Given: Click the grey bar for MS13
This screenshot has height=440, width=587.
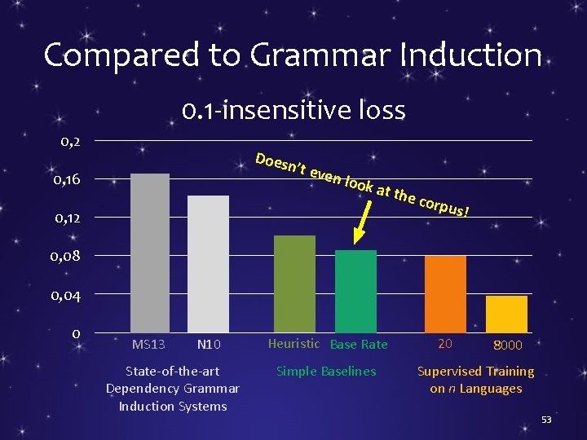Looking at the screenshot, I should [x=150, y=253].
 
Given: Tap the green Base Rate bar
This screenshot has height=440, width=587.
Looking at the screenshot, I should [x=355, y=291].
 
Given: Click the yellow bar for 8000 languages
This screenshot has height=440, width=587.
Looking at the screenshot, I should [x=506, y=314].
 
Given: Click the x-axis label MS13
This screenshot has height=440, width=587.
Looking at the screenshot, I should [x=148, y=345].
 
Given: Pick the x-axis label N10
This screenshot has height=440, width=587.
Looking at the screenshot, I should [x=208, y=345].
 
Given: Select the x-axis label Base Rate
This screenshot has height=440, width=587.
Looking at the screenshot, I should [x=359, y=345].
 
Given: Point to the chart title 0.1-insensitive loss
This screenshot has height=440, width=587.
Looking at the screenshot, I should [x=293, y=109].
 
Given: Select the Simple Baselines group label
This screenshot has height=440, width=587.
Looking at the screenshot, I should [x=326, y=372].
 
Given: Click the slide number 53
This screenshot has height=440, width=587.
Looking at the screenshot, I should [x=546, y=419].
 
